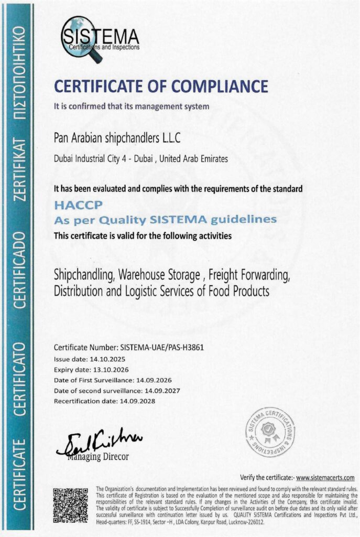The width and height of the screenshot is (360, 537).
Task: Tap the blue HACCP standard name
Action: pyautogui.click(x=71, y=208)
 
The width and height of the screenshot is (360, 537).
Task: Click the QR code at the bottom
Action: pyautogui.click(x=70, y=504)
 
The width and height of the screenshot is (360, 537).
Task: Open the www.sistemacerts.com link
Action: pyautogui.click(x=325, y=477)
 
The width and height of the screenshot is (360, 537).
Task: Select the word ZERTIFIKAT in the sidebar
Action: pyautogui.click(x=19, y=169)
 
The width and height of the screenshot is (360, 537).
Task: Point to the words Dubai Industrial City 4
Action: pyautogui.click(x=92, y=159)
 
